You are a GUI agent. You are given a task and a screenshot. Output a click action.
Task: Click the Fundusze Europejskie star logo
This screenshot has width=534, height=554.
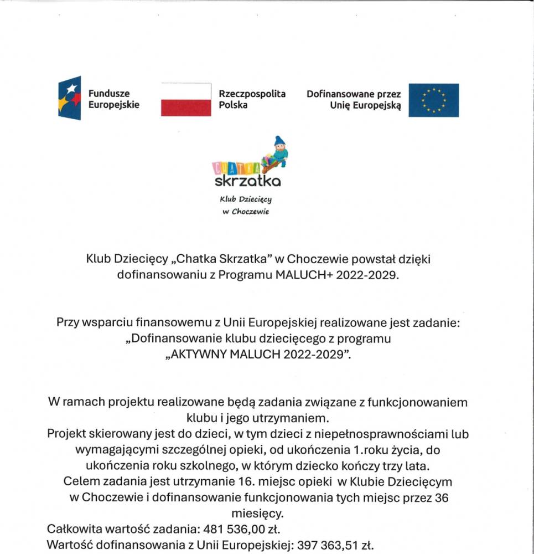click(x=70, y=98)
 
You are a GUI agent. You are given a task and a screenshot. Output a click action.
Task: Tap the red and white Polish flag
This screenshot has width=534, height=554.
click(x=186, y=100)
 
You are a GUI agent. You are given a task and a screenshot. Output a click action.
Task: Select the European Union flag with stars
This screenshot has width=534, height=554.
click(x=433, y=100)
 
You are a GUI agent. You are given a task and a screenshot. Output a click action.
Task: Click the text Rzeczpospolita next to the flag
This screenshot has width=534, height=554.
click(x=252, y=94)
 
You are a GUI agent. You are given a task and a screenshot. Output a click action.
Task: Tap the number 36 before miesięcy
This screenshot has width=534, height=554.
click(x=441, y=497)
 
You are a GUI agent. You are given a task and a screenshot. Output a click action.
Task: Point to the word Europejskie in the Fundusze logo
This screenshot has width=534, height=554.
click(x=113, y=105)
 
